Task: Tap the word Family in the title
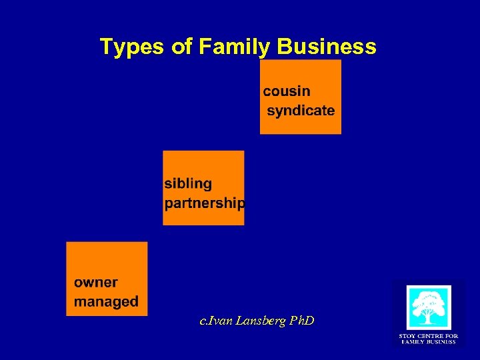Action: pos(225,47)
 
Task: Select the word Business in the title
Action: pos(326,47)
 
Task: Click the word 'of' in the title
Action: pos(175,47)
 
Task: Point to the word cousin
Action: pos(287,91)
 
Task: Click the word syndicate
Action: pos(301,111)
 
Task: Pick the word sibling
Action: pos(188,183)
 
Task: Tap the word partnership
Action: pos(204,203)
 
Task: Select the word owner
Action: pos(95,283)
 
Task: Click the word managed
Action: pos(106,301)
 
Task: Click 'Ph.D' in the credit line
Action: pos(301,321)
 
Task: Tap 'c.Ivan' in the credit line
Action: pos(215,321)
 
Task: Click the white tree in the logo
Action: pos(429,307)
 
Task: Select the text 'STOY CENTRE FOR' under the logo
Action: pos(428,336)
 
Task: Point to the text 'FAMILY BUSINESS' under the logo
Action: pos(428,342)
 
